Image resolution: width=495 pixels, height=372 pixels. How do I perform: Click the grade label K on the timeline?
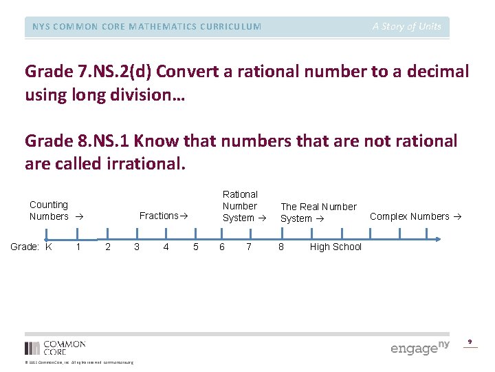[x=48, y=247]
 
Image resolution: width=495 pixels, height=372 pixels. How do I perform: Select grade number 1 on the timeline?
[x=78, y=247]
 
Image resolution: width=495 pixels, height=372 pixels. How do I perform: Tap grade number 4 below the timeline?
[x=166, y=247]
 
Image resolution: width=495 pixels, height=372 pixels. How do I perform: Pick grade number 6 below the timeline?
[x=221, y=247]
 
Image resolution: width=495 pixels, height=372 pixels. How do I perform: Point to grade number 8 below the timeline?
[x=280, y=247]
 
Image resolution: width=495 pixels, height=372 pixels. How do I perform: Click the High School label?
[x=335, y=247]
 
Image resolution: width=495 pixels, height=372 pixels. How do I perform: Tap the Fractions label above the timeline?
[x=164, y=216]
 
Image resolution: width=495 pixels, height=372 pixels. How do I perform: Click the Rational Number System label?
[x=240, y=206]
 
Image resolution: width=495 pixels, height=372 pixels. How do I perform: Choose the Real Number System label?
[x=318, y=212]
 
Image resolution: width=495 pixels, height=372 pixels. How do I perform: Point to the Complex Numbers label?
[x=415, y=216]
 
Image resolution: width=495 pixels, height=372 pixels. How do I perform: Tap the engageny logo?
[x=419, y=347]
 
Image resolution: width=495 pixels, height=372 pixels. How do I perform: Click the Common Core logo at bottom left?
[x=55, y=347]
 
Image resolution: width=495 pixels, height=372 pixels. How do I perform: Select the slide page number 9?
[x=470, y=342]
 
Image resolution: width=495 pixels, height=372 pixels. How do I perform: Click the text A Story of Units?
[x=407, y=27]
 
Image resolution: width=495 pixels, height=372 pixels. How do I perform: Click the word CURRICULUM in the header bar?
[x=230, y=27]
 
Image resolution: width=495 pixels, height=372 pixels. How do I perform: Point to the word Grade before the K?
[x=24, y=247]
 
